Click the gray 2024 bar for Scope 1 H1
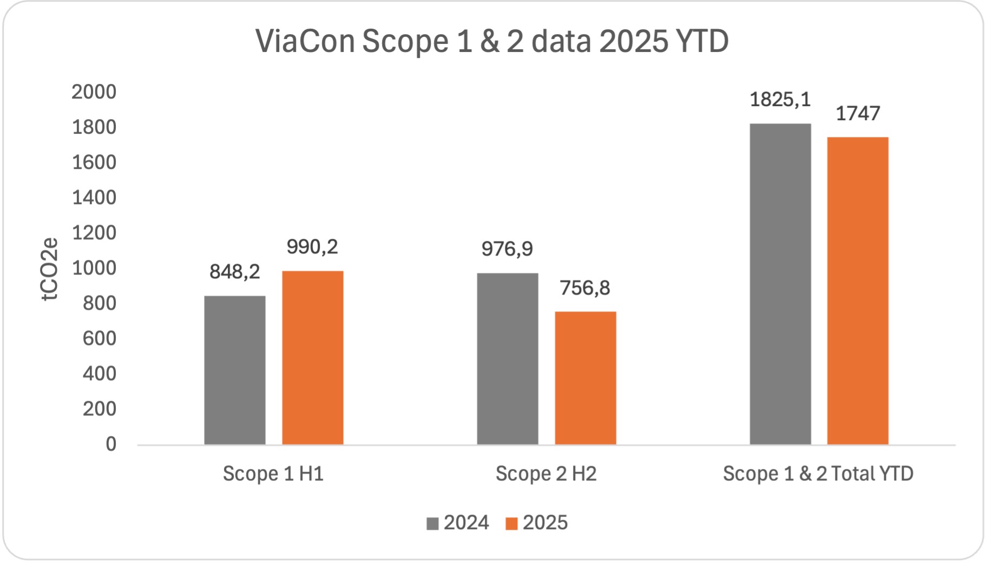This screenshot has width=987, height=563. point(235,370)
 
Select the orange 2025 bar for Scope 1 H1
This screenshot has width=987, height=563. point(313,357)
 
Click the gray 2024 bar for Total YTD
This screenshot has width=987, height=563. point(780,284)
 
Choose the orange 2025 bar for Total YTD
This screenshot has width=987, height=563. point(858,291)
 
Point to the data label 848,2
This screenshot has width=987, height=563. point(235,272)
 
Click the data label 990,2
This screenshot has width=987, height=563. point(312,247)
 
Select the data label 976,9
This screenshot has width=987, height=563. point(507,249)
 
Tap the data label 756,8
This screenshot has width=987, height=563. point(585,288)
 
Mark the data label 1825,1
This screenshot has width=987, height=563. point(780,100)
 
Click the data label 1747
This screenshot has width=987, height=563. point(858,114)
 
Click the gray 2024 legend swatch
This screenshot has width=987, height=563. point(432,523)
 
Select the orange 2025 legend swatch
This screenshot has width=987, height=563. point(511,523)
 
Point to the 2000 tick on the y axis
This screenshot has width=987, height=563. point(94,92)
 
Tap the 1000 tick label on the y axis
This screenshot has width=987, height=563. point(94,268)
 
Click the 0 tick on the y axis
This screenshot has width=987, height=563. point(111,444)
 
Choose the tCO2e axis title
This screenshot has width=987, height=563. point(50,269)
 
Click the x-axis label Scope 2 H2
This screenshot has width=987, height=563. point(546,474)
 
